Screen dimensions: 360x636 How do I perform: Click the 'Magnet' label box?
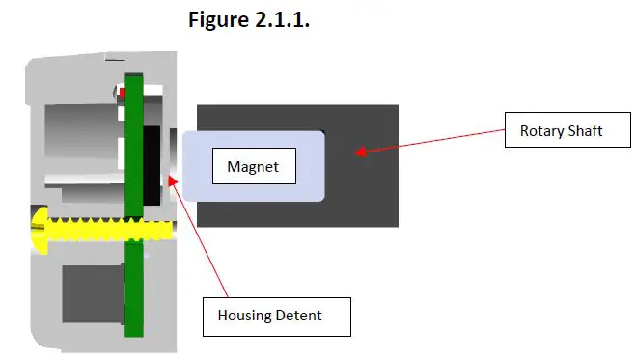(253, 167)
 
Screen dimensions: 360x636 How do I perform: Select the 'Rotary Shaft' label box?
(561, 130)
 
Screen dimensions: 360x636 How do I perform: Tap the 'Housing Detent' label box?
(275, 316)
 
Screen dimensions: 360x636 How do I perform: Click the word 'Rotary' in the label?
(541, 130)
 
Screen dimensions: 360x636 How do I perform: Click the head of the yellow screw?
(39, 230)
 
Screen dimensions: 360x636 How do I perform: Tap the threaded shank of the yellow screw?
(106, 230)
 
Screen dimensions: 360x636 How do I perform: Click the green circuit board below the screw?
(133, 290)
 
